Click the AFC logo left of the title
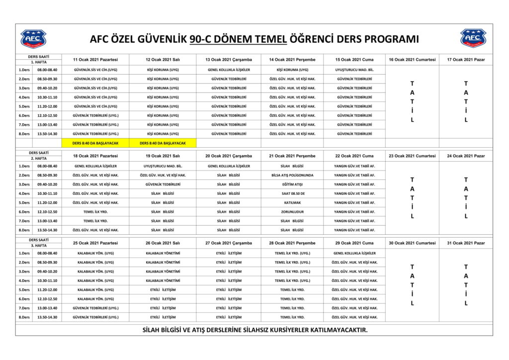click(x=33, y=39)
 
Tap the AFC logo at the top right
click(x=473, y=39)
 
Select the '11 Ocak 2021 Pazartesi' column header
click(x=95, y=60)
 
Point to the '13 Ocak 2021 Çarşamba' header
click(x=229, y=60)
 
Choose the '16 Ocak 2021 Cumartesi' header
click(x=412, y=60)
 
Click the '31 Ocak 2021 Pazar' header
click(x=466, y=243)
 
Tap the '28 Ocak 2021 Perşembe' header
click(x=292, y=243)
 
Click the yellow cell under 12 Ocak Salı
click(x=163, y=143)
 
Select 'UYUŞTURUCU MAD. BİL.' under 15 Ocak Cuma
click(x=354, y=70)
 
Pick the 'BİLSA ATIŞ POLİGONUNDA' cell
click(x=292, y=175)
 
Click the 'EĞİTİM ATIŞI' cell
click(x=292, y=184)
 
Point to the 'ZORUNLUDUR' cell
click(x=292, y=211)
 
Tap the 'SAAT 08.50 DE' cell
click(x=292, y=193)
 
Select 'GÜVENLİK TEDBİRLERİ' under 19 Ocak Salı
click(x=163, y=184)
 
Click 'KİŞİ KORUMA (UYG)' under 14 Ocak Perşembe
click(x=292, y=70)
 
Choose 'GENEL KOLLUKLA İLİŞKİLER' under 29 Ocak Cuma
click(x=354, y=253)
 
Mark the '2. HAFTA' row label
click(x=38, y=158)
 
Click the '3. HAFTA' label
click(x=38, y=246)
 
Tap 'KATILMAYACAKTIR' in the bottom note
click(x=339, y=330)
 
